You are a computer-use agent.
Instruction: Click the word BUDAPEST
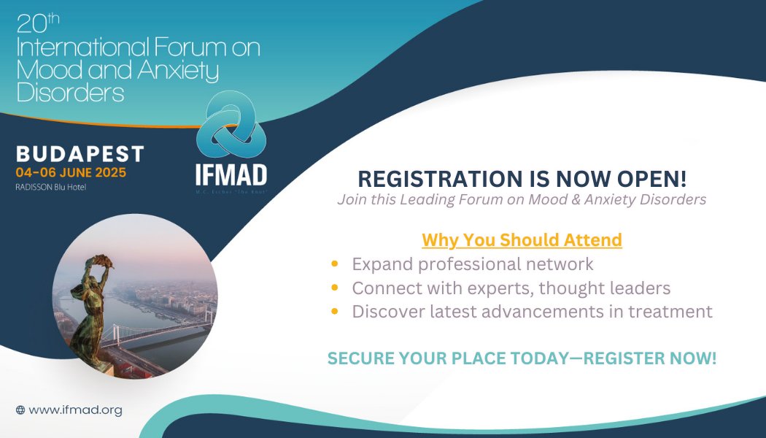pos(80,154)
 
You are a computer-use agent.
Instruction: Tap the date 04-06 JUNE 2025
pos(71,173)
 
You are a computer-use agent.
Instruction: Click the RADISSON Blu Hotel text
pos(55,187)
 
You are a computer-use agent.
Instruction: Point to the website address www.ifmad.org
pos(75,410)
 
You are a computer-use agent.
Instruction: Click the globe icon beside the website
pos(20,410)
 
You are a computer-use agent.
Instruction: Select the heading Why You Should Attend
pos(522,239)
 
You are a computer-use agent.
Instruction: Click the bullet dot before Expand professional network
pos(334,264)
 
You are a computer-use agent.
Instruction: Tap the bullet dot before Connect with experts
pos(334,288)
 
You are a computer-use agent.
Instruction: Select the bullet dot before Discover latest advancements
pos(334,312)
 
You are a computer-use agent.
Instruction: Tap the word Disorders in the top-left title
pos(70,93)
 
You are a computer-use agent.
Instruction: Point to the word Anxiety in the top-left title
pos(176,71)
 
